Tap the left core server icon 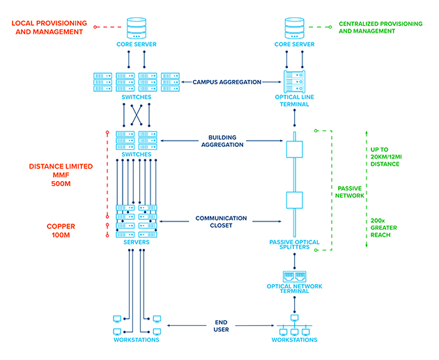point(136,28)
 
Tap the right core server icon point(295,28)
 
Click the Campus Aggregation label point(227,81)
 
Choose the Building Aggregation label point(226,141)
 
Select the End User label point(221,325)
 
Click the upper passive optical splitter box point(295,150)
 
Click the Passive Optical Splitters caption point(295,245)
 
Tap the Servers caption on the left point(137,242)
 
